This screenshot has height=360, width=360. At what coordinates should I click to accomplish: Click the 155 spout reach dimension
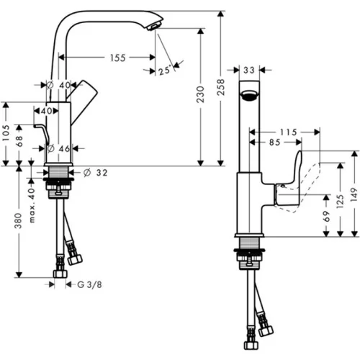pyautogui.click(x=118, y=58)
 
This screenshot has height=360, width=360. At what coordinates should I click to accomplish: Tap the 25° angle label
pyautogui.click(x=165, y=71)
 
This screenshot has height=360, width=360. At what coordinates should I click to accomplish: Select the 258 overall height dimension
pyautogui.click(x=220, y=87)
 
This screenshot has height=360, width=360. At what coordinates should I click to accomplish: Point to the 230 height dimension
pyautogui.click(x=200, y=94)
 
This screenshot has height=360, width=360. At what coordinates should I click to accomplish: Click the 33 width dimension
pyautogui.click(x=249, y=70)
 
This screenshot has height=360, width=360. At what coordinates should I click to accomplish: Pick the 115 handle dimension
pyautogui.click(x=288, y=132)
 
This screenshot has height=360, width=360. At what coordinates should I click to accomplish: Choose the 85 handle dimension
pyautogui.click(x=274, y=143)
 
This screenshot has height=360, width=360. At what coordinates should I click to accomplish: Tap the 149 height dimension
pyautogui.click(x=354, y=195)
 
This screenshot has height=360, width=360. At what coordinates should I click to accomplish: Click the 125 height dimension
pyautogui.click(x=340, y=201)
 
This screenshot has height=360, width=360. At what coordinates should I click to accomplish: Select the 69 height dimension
pyautogui.click(x=326, y=217)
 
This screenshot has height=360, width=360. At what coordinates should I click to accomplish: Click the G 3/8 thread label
pyautogui.click(x=89, y=284)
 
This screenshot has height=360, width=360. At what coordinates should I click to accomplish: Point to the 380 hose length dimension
pyautogui.click(x=19, y=220)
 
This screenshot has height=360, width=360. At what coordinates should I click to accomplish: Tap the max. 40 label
pyautogui.click(x=32, y=205)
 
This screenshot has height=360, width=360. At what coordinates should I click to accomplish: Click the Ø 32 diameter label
pyautogui.click(x=96, y=172)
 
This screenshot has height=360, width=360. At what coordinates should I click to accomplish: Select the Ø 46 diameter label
pyautogui.click(x=58, y=148)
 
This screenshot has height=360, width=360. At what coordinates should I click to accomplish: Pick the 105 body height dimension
pyautogui.click(x=6, y=132)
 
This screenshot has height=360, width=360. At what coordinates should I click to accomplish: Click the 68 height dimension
pyautogui.click(x=19, y=141)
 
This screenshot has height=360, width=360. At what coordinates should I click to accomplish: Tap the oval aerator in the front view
pyautogui.click(x=249, y=94)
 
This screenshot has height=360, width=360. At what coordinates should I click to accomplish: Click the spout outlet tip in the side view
pyautogui.click(x=152, y=27)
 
